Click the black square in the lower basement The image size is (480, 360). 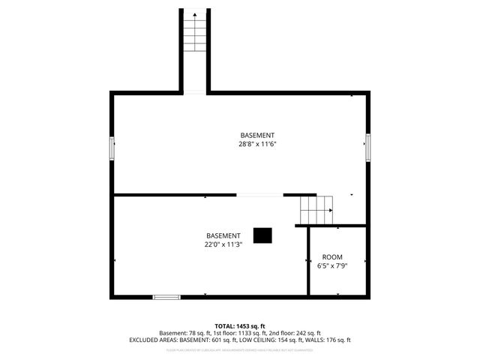(262, 235)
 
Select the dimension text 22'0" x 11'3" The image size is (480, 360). (223, 244)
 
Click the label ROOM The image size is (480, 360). (332, 256)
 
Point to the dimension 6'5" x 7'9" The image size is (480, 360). (332, 265)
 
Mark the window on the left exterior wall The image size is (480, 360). (112, 148)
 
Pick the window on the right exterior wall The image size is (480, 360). (367, 147)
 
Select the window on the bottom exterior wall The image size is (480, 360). (166, 297)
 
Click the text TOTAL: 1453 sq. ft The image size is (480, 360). (239, 325)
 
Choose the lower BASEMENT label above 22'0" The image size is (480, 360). (223, 235)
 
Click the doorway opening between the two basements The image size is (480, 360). (259, 195)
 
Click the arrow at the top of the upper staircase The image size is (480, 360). (194, 13)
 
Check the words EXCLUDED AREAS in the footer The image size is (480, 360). (153, 340)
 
